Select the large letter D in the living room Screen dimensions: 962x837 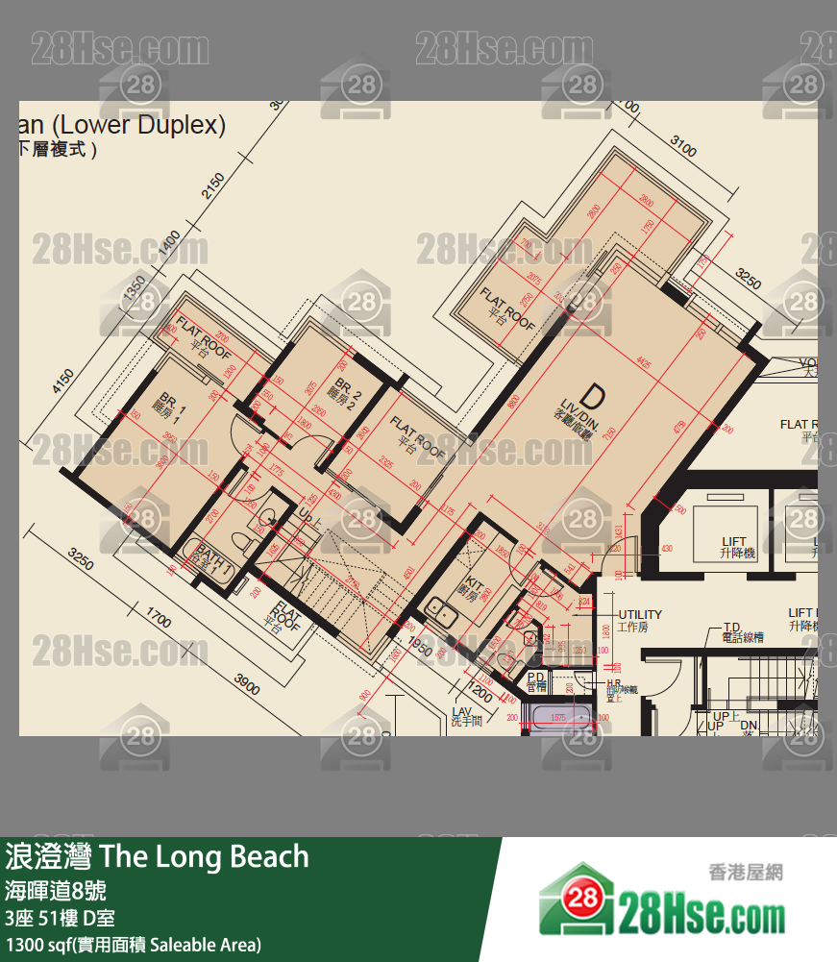593,396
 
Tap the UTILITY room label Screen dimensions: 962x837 640,615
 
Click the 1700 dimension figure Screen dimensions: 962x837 158,615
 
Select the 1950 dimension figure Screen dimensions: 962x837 418,646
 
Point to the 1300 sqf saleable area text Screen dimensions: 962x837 133,945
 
